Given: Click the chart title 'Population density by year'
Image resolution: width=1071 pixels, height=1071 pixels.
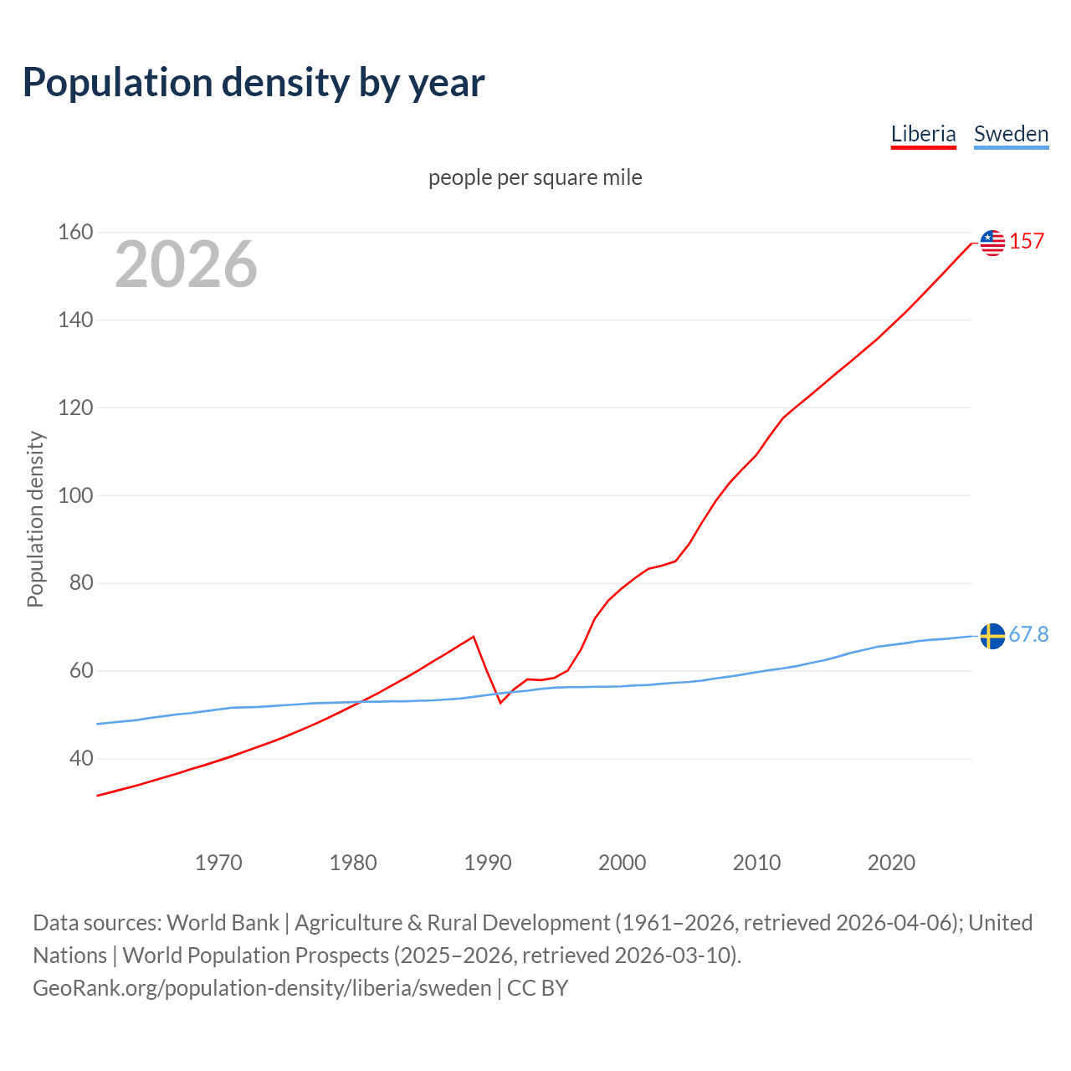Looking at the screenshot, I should (x=254, y=83).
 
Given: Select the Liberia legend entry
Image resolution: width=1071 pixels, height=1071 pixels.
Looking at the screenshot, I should (x=923, y=134).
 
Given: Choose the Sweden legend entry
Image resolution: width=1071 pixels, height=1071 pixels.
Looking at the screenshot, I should (x=1011, y=134).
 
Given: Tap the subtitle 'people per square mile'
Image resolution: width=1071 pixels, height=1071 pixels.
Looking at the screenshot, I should (x=535, y=177).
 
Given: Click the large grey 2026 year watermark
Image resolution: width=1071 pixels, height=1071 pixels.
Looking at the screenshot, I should (x=186, y=264).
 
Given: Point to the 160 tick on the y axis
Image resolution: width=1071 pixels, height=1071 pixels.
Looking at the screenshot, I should (x=75, y=232).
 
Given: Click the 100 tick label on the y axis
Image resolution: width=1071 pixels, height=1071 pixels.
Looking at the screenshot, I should (x=75, y=495).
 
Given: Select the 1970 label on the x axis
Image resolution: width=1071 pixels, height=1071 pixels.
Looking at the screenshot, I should (x=218, y=863).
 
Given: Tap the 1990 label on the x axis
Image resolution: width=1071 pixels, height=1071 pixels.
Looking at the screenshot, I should (x=488, y=863).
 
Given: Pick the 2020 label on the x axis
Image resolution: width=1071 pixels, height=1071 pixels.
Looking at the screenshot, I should (x=891, y=863).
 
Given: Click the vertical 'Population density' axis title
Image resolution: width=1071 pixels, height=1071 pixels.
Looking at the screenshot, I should (x=35, y=519).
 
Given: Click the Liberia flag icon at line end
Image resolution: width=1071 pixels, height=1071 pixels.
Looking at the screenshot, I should (x=992, y=243).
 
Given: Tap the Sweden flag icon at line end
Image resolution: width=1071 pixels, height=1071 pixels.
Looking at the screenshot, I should (x=992, y=636).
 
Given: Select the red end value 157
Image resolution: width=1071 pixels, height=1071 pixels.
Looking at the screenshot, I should (x=1027, y=242).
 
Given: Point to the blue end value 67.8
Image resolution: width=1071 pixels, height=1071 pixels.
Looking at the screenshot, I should (x=1028, y=635).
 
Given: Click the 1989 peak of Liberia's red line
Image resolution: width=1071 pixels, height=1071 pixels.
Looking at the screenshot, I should (x=474, y=637).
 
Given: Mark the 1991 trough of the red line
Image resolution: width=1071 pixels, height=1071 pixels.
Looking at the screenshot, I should (x=500, y=702).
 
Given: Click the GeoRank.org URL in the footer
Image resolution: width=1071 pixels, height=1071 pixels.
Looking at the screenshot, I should (x=262, y=988).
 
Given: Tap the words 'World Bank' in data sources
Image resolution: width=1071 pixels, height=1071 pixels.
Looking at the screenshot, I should (x=223, y=923).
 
